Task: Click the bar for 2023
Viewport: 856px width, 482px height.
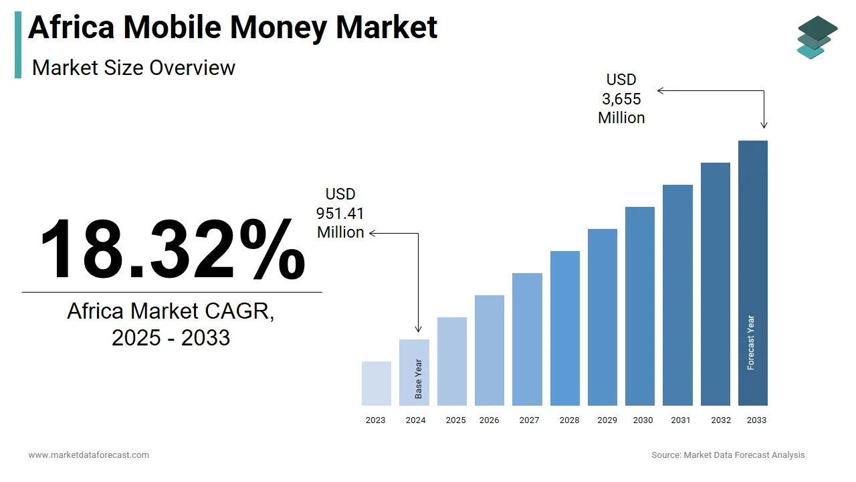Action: [376, 384]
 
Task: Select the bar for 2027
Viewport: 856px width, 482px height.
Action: [527, 339]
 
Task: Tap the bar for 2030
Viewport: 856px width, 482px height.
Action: [640, 306]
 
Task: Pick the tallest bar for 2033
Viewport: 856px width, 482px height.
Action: [752, 273]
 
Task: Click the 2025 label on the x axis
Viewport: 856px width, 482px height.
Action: [455, 420]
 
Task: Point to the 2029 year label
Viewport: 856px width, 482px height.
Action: [607, 420]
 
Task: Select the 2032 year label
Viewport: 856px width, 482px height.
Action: [721, 420]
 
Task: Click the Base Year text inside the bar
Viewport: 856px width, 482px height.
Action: [419, 380]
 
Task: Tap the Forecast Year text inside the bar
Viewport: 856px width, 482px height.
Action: [751, 343]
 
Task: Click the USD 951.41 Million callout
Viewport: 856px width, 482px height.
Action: [340, 214]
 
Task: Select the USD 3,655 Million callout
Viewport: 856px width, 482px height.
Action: [621, 99]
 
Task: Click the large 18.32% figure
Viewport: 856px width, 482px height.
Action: [172, 249]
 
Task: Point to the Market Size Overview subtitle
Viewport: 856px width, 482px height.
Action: [134, 68]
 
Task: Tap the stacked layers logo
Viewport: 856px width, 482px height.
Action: [817, 37]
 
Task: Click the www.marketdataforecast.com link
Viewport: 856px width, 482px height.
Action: [88, 455]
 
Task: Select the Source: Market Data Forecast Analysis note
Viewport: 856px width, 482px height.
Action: [728, 455]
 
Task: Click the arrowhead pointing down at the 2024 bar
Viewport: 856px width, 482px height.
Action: [419, 329]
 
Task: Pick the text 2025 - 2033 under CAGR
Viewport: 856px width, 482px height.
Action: [171, 337]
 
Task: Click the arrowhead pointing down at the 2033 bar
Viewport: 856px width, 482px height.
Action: [764, 125]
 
